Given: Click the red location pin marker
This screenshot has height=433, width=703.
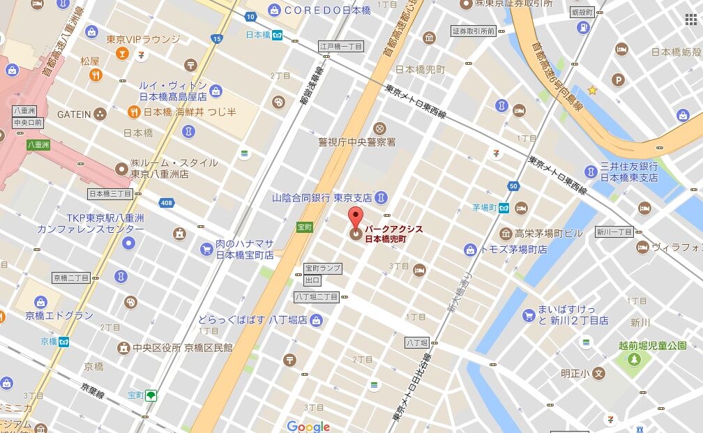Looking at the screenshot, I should click(x=356, y=220).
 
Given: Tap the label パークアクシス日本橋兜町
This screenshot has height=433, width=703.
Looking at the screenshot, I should click(x=395, y=234).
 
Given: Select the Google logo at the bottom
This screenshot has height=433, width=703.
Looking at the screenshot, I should click(x=308, y=426).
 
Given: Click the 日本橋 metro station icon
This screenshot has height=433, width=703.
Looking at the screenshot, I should click(x=278, y=35).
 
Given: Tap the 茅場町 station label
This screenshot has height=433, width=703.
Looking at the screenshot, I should click(x=483, y=208).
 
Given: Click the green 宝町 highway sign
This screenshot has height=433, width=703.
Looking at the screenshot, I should click(x=305, y=227).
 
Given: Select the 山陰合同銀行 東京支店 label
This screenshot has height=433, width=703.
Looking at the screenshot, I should click(x=322, y=198).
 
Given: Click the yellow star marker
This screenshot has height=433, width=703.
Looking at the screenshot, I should click(x=592, y=90).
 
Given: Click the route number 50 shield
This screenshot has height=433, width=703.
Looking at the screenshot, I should click(x=513, y=185).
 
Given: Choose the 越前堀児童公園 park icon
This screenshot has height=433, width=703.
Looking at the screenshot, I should click(x=634, y=359).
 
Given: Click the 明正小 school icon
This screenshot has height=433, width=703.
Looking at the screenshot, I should click(x=598, y=374).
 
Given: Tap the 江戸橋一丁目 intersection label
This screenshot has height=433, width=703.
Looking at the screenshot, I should click(x=341, y=47).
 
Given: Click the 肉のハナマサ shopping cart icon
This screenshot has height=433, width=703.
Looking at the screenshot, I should click(x=206, y=249).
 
